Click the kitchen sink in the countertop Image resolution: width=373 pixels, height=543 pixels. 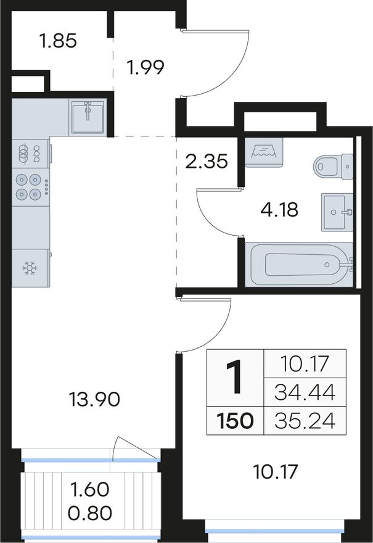point(88,117)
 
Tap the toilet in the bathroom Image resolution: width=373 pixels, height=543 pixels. point(333,167)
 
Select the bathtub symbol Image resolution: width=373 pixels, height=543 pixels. point(299,265)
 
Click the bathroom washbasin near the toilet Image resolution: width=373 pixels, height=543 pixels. point(337,212)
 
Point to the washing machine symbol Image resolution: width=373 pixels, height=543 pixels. point(264,152)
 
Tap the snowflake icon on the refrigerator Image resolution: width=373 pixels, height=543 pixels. point(30,268)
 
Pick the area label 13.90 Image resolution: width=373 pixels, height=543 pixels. point(94,399)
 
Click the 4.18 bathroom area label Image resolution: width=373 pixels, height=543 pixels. point(279,210)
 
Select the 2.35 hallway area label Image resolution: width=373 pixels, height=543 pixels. point(207,162)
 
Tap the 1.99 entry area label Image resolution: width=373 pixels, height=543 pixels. point(145,67)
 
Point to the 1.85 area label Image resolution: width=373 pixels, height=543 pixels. point(58,41)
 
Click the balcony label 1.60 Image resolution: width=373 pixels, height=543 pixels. point(90,489)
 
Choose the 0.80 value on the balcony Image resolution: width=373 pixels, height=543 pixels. point(90,513)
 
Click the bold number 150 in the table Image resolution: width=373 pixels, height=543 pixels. point(236,421)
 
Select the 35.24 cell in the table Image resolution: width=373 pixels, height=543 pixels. point(305,421)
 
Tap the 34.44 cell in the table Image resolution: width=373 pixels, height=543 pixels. point(305,392)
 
